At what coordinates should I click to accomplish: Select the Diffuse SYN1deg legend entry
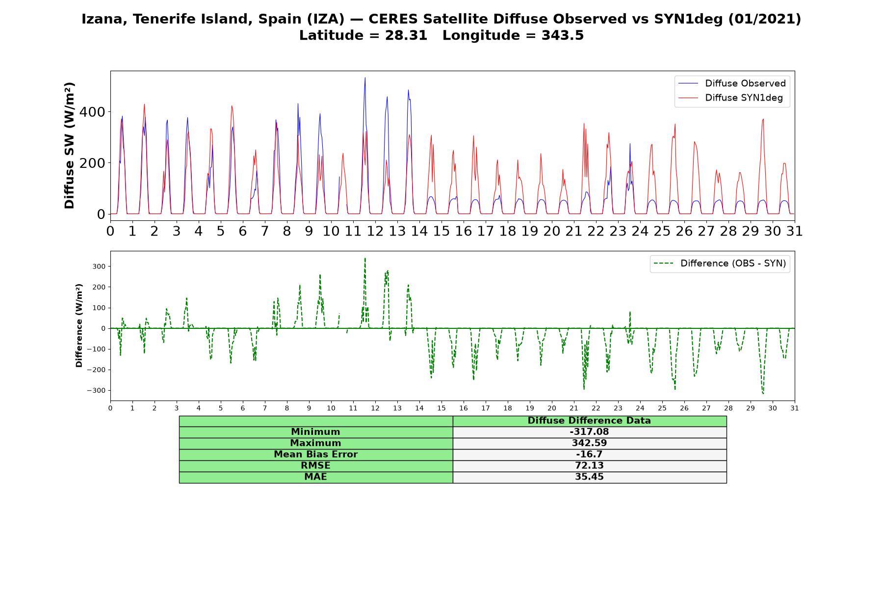point(730,98)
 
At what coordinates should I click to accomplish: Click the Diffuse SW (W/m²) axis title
point(70,145)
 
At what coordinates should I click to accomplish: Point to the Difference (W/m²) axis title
point(79,326)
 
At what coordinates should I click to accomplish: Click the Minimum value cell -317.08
point(589,432)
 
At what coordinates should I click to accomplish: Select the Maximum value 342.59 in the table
point(589,443)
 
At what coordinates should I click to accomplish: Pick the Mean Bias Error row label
point(315,455)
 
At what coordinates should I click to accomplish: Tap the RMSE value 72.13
point(589,466)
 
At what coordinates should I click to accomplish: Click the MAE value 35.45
point(589,477)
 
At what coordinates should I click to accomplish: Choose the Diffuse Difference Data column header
point(589,421)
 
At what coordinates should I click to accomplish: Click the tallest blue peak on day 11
point(365,78)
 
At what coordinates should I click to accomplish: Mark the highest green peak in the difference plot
point(365,258)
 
